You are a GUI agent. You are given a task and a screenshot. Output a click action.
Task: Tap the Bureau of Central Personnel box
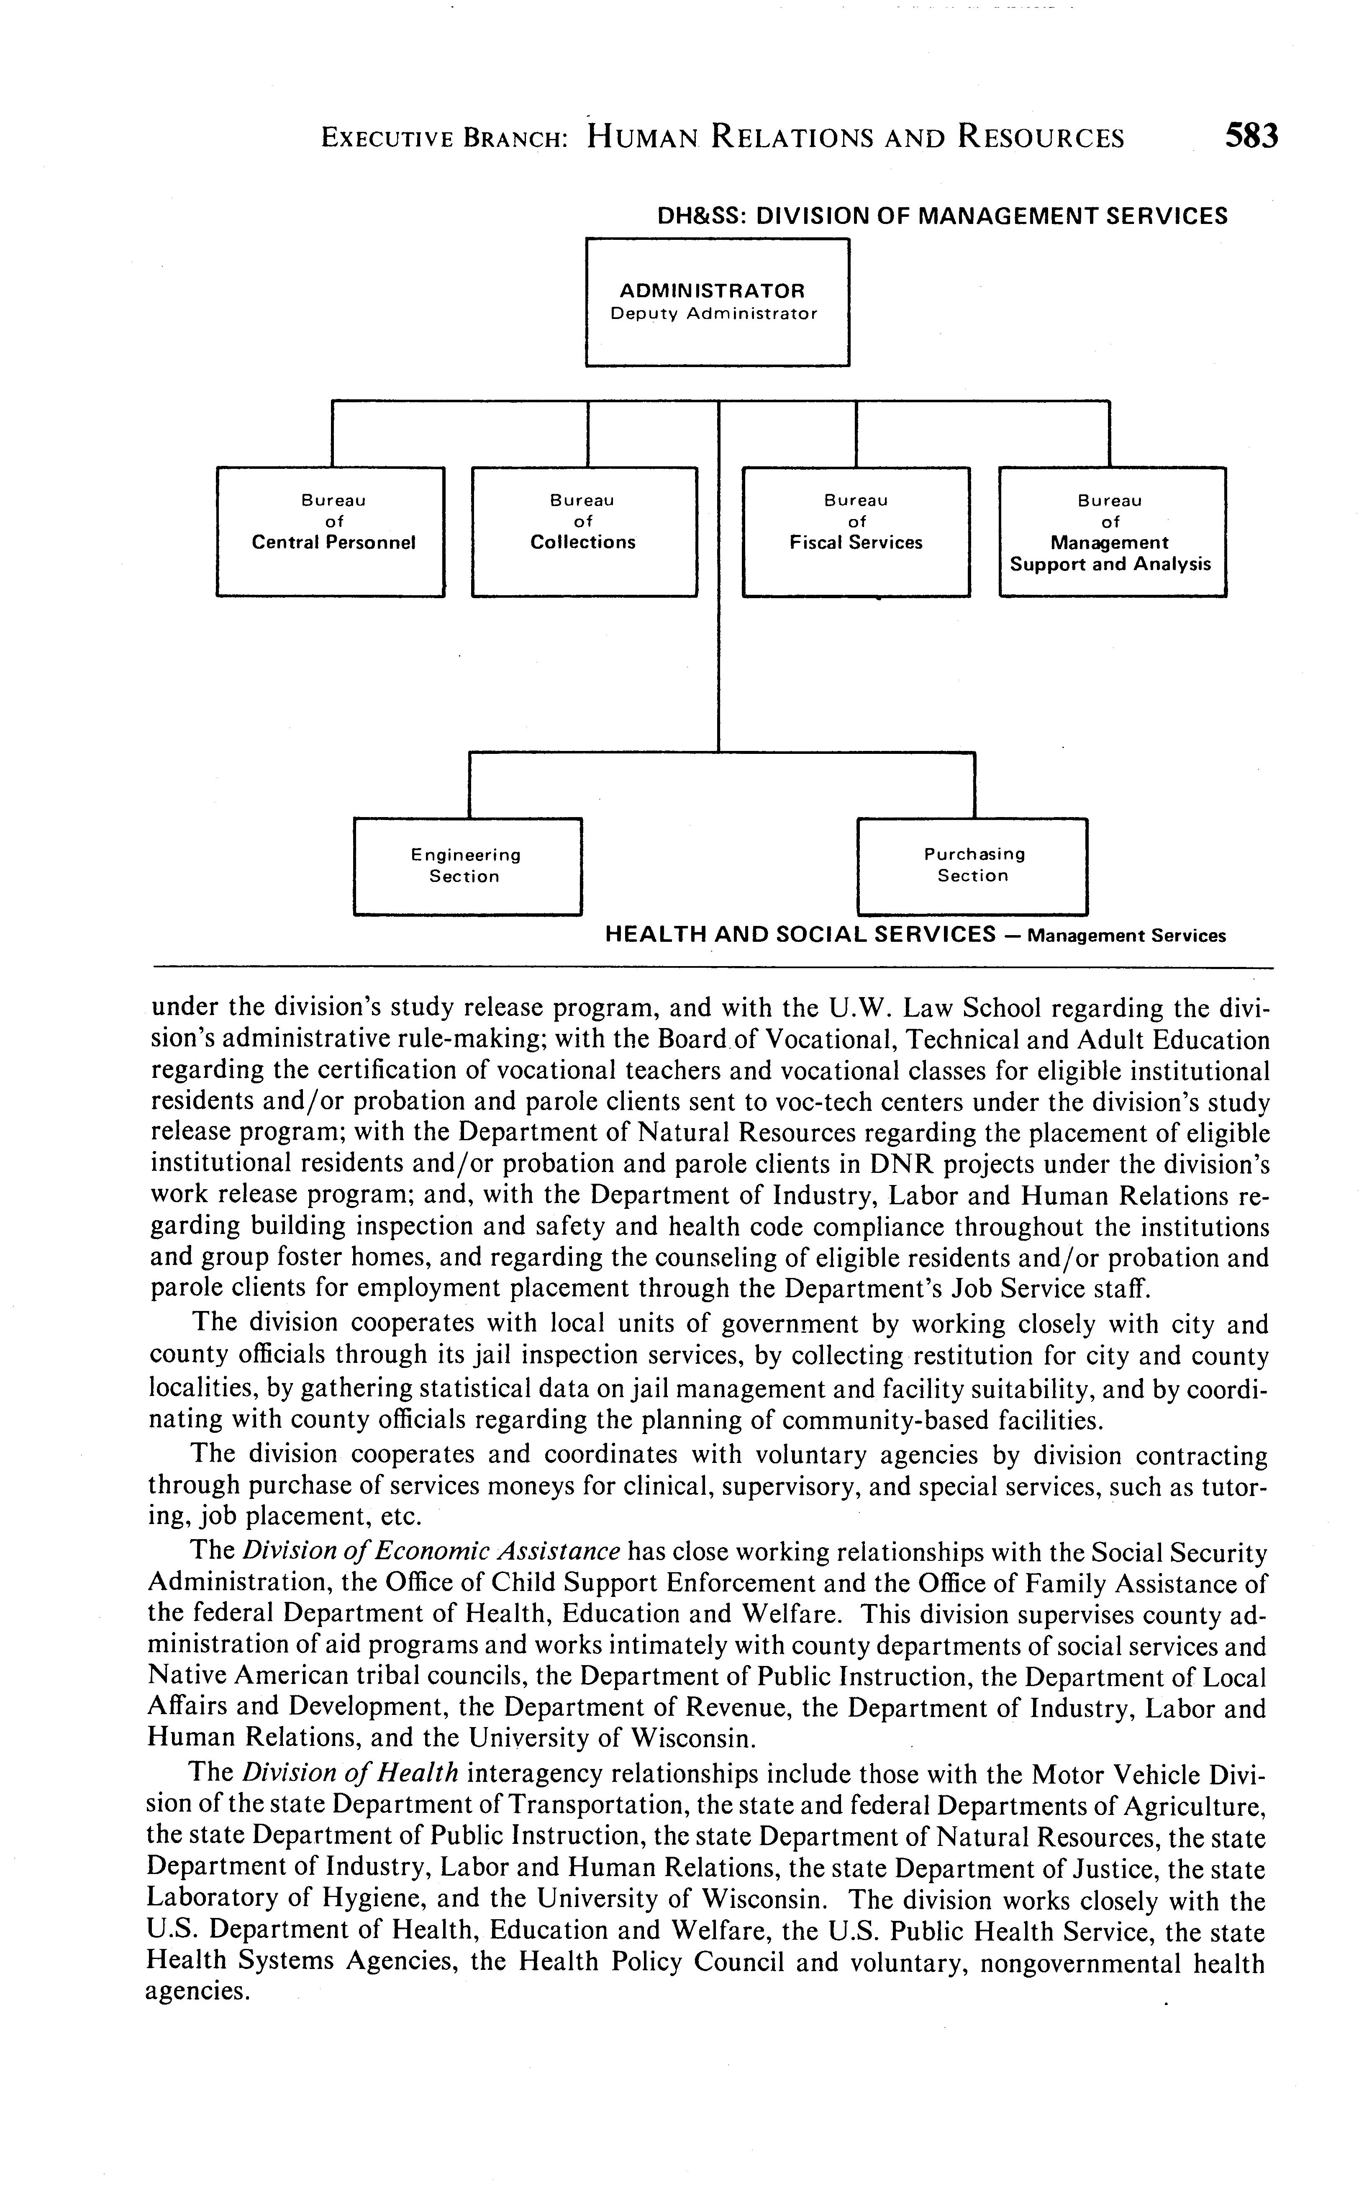(x=331, y=532)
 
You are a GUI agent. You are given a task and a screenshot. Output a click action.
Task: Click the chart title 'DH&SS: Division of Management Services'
(x=942, y=217)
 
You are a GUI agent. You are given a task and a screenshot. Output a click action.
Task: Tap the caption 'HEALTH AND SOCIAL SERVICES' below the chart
(x=800, y=934)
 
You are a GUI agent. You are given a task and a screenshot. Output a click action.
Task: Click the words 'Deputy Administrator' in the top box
(x=714, y=315)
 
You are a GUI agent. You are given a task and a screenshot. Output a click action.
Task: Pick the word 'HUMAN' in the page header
(x=643, y=138)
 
